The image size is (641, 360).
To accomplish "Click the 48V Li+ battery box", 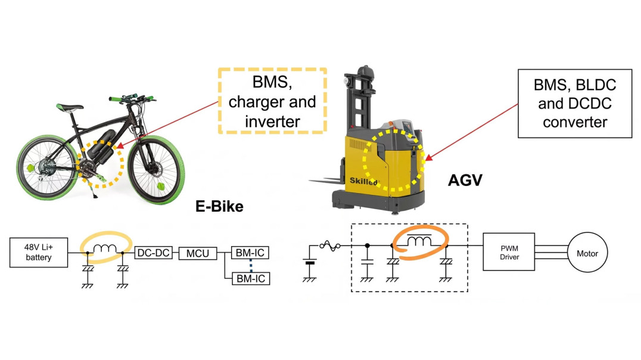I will click(x=38, y=253).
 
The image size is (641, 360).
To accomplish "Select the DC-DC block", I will click(x=153, y=253).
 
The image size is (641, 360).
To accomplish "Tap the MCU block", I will click(x=197, y=253).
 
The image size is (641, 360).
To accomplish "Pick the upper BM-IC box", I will click(x=251, y=253).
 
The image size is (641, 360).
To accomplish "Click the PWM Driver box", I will click(x=509, y=253).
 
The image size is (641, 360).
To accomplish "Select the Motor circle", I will click(x=587, y=253).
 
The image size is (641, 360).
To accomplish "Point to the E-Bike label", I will click(x=219, y=207).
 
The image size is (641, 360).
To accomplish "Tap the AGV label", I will click(x=464, y=181).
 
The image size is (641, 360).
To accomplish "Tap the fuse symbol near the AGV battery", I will click(x=329, y=245).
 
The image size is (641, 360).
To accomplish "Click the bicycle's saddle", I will click(x=71, y=108).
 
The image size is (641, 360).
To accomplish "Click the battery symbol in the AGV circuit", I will click(x=309, y=262).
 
